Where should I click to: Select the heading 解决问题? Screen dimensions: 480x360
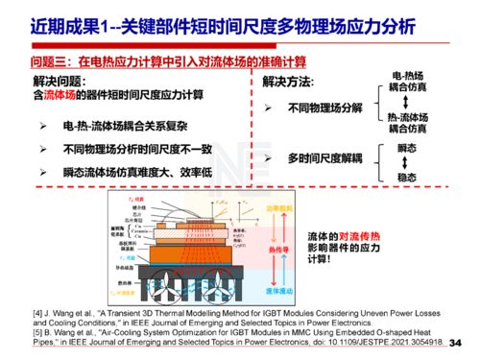(60, 81)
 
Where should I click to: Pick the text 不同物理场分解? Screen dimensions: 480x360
(324, 108)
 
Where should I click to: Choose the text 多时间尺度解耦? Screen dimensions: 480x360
(324, 156)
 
